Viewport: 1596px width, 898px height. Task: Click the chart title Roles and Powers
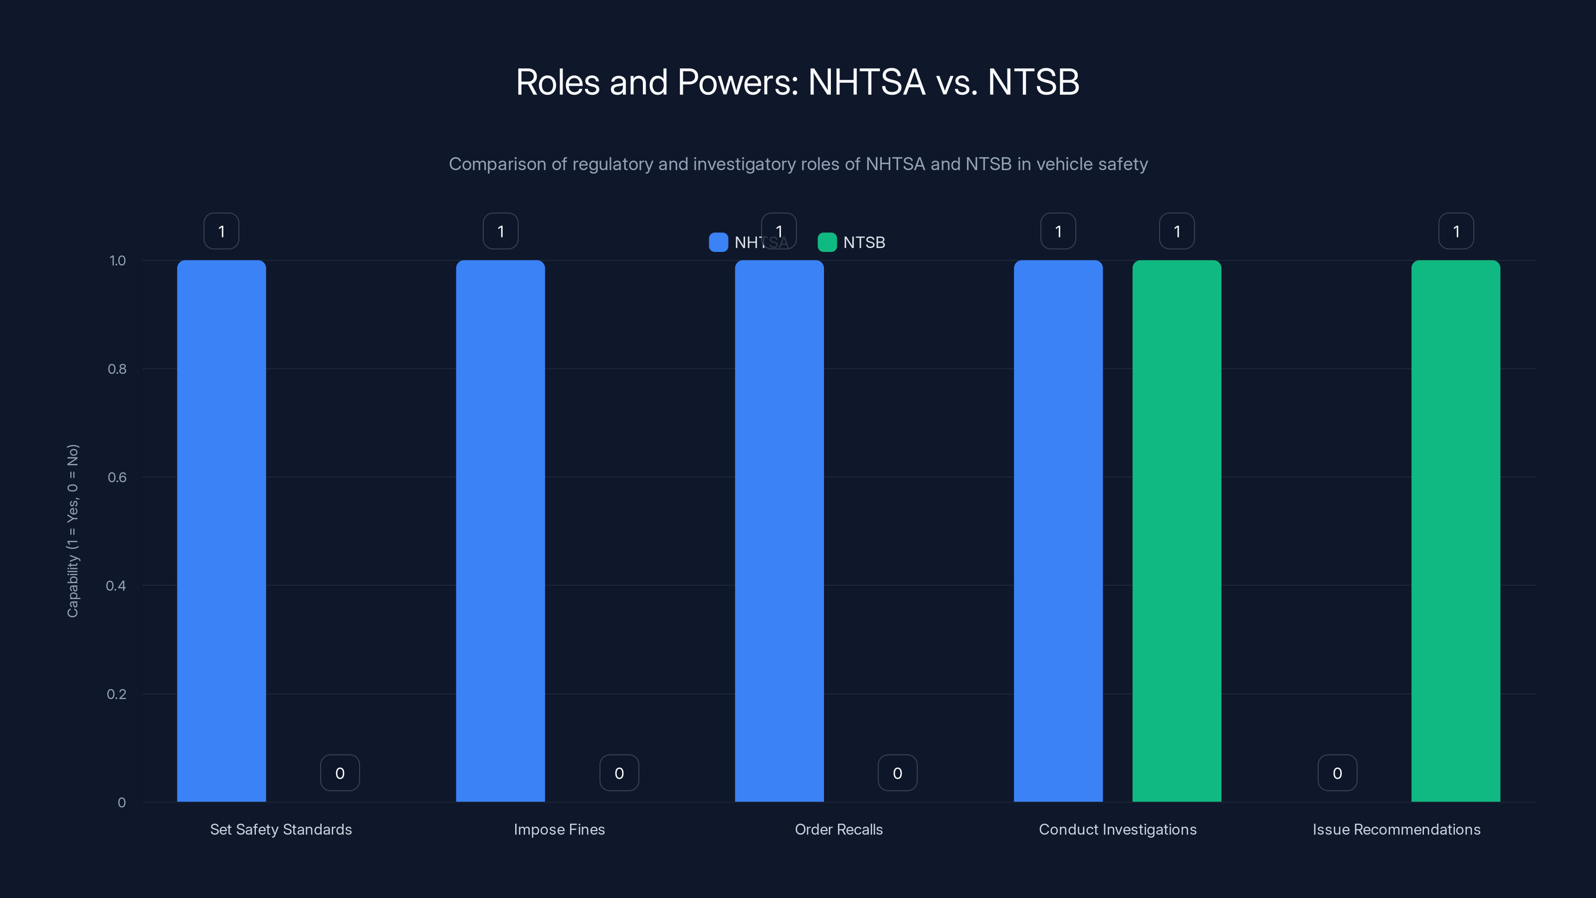pos(798,82)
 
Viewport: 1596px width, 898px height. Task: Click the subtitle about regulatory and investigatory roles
pos(798,164)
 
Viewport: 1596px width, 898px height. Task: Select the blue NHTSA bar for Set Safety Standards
pos(221,530)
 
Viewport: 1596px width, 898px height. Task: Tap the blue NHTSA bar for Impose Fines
pos(500,530)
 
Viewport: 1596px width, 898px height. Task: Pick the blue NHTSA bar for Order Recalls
pos(779,530)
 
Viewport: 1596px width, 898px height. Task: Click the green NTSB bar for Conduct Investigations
pos(1177,530)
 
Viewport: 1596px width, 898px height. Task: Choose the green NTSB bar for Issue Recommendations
pos(1455,530)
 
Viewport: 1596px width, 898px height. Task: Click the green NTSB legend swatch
pos(827,242)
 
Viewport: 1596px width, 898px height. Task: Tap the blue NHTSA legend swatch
pos(718,242)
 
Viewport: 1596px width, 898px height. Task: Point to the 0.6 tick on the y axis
pos(117,477)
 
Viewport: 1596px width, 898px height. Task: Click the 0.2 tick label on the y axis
pos(117,694)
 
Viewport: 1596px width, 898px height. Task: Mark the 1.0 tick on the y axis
pos(118,261)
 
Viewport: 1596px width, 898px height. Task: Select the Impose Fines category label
pos(559,829)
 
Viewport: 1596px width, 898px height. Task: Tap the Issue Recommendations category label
pos(1396,829)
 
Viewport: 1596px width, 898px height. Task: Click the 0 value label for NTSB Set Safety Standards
pos(340,773)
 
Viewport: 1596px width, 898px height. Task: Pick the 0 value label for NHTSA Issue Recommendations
pos(1337,773)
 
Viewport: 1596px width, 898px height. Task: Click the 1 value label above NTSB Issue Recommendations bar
pos(1456,231)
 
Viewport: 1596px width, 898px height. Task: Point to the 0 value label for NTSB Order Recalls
pos(897,773)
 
